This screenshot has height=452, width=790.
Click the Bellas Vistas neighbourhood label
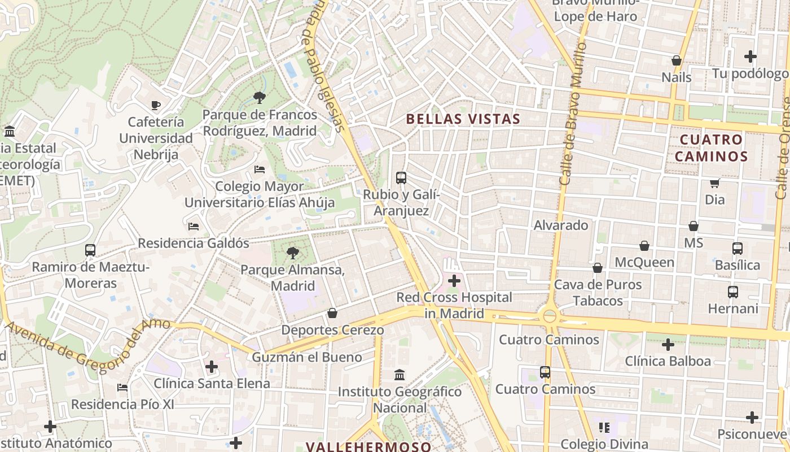point(463,119)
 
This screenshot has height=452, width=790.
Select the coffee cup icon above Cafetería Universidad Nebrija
point(156,105)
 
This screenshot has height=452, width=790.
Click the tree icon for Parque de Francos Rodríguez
point(260,98)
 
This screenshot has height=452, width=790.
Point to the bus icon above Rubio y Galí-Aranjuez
point(401,178)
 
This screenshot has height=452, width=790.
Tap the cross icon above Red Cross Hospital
point(454,280)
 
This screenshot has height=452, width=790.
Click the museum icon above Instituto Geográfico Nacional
point(400,375)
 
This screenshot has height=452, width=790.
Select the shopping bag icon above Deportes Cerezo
point(332,313)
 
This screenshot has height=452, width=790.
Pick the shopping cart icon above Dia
point(714,183)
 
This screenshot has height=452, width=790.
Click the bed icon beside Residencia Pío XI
point(122,388)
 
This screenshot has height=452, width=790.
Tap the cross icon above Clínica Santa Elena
point(212,367)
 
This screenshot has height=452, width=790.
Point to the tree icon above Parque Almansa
point(292,253)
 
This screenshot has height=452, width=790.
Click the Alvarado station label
point(561,225)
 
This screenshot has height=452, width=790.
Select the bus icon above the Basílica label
point(737,248)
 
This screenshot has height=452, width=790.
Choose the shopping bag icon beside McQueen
point(644,246)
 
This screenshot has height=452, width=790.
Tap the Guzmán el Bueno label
point(307,357)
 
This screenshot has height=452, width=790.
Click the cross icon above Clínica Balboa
point(668,344)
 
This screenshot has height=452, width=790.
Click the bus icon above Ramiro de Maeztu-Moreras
point(90,250)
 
